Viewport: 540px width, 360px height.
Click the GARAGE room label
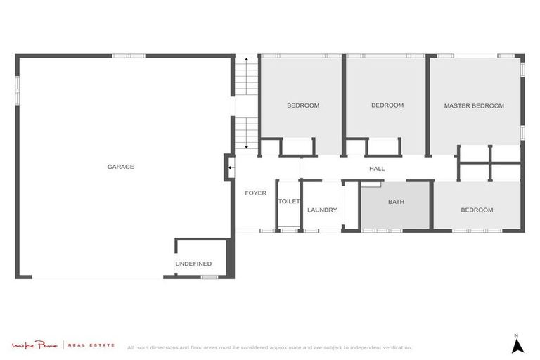(x=120, y=167)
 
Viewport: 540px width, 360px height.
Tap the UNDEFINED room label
(x=193, y=264)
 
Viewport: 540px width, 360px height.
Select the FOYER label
(x=255, y=193)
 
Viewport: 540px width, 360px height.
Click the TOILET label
(x=289, y=201)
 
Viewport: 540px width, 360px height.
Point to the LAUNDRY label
(x=322, y=210)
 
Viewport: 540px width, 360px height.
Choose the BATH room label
(x=396, y=202)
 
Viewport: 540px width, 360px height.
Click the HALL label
(x=377, y=169)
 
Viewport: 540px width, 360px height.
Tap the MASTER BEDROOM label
(x=473, y=105)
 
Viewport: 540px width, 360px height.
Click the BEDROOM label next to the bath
(x=476, y=210)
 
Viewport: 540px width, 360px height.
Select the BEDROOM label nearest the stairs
(x=302, y=105)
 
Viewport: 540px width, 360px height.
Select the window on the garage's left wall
(x=17, y=84)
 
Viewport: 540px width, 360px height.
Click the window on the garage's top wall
(x=129, y=56)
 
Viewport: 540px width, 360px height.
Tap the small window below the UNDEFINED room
(x=209, y=277)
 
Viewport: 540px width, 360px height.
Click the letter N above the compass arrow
(x=516, y=335)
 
